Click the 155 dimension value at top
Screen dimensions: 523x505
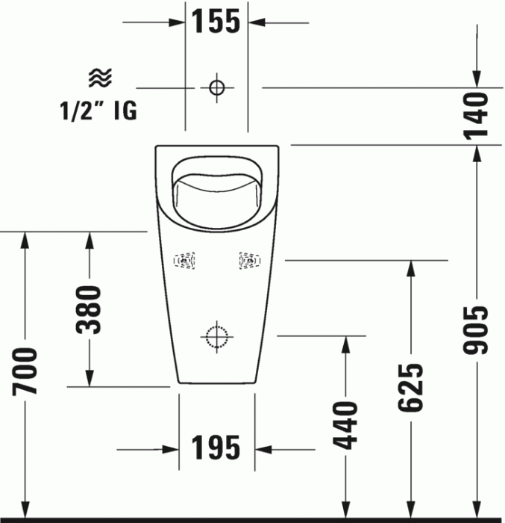point(216,22)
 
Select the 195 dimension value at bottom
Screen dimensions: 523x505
point(216,448)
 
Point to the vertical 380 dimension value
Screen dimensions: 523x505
point(90,309)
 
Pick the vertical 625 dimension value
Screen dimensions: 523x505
point(410,387)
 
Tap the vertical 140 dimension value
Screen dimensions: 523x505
point(476,115)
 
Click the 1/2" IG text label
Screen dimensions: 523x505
point(98,111)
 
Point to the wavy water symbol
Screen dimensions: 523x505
point(99,76)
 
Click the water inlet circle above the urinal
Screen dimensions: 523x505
point(216,87)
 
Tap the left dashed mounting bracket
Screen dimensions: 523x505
point(184,261)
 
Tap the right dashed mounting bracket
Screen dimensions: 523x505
point(249,261)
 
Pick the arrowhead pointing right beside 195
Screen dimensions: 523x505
point(171,450)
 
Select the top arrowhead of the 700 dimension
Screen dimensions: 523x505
point(25,239)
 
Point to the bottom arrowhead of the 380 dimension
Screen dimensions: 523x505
point(90,380)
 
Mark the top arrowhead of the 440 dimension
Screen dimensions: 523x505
point(345,344)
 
